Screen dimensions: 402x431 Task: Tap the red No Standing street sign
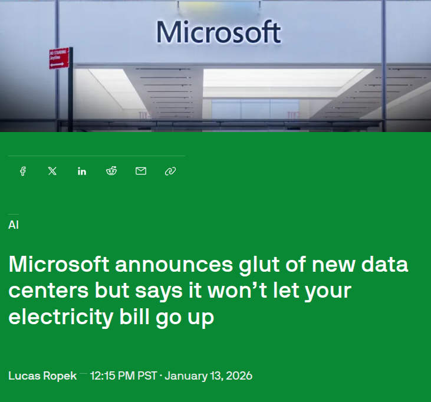(58, 58)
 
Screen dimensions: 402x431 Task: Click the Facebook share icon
(23, 171)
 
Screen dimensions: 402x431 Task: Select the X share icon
(52, 171)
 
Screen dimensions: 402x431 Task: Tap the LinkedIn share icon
(82, 171)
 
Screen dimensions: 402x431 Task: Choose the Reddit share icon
(111, 171)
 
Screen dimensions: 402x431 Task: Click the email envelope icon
(141, 171)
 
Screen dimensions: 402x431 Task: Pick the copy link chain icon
(170, 171)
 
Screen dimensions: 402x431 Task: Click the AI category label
(13, 225)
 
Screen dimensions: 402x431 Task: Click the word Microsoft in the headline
(59, 265)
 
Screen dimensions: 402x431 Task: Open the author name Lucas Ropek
(42, 375)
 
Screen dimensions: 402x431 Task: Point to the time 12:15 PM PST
(123, 375)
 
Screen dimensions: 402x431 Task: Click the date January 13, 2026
(209, 375)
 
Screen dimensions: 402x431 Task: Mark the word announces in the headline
(172, 265)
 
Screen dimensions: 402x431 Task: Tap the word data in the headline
(386, 265)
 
